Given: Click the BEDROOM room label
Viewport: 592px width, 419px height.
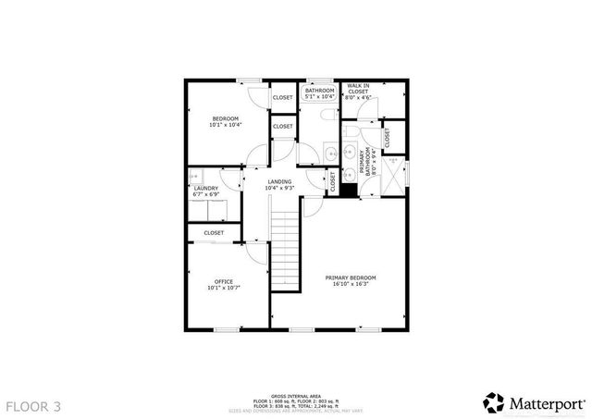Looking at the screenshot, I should point(225,118).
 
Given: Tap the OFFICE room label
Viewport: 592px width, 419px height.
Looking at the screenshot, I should point(223,281).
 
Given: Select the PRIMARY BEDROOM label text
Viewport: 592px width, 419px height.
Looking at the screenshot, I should point(350,277).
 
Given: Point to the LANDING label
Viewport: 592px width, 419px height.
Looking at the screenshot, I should point(279,181).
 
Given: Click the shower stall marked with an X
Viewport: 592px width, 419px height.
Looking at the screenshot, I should point(394,174).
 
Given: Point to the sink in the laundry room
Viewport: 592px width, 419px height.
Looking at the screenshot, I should point(226,182).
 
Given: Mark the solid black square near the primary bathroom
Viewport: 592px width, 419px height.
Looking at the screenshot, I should point(349,190).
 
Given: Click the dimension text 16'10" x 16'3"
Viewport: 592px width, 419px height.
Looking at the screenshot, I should point(350,284).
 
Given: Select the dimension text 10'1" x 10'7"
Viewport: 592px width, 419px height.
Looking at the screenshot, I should point(223,288).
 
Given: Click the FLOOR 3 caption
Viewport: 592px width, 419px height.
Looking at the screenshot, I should point(34,405).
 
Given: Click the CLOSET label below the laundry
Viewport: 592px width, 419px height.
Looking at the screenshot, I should point(214,233).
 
